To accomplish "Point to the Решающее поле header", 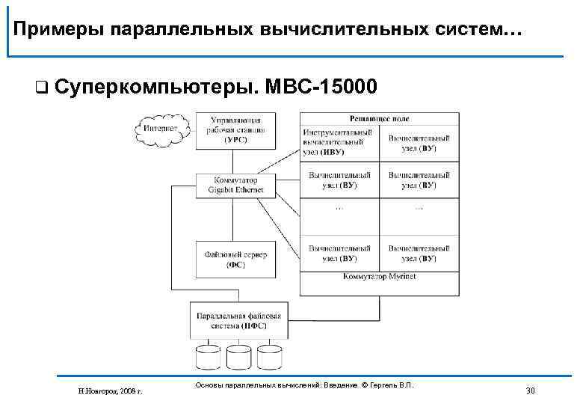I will [379, 118].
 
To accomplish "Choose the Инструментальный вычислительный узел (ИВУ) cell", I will [339, 143].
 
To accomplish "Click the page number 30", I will [531, 390].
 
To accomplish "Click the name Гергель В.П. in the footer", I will [393, 385].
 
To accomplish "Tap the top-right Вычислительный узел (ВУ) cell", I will [419, 143].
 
